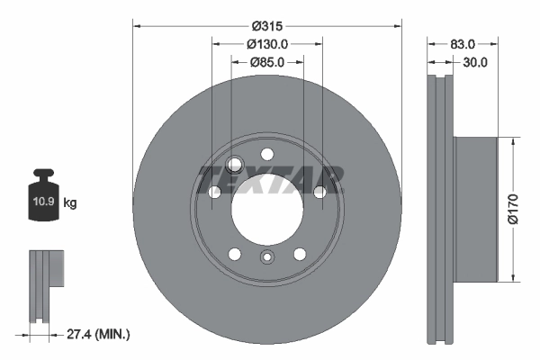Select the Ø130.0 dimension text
click(266, 43)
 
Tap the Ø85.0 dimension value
click(266, 62)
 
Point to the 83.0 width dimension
click(463, 43)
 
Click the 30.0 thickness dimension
click(474, 62)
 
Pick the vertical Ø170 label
click(512, 208)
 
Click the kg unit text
click(71, 203)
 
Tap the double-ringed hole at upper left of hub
click(236, 164)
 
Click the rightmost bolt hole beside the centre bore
click(319, 191)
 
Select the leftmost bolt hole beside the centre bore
click(214, 191)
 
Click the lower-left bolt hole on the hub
click(234, 253)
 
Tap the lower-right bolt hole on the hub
click(299, 253)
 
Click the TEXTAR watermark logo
click(270, 179)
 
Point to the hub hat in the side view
click(474, 208)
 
